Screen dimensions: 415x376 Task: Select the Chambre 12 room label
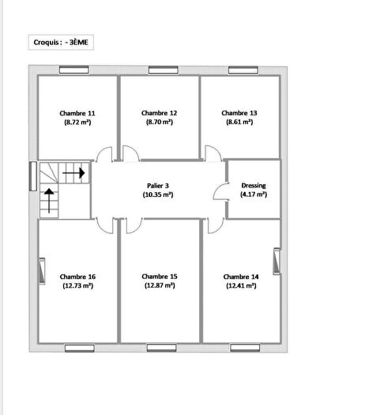click(x=159, y=112)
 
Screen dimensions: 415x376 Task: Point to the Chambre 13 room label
click(x=239, y=112)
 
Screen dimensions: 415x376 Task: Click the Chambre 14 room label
click(x=240, y=277)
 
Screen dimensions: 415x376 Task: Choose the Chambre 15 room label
click(x=160, y=277)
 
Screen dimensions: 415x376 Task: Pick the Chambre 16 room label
click(x=77, y=277)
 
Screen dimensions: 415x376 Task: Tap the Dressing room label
click(x=254, y=185)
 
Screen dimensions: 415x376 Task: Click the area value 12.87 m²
click(x=160, y=286)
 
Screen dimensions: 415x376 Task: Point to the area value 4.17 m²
click(x=254, y=194)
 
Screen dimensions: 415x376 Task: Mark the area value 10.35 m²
click(x=159, y=194)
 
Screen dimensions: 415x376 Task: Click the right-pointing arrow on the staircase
click(x=74, y=170)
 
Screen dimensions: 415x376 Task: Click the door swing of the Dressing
click(x=220, y=191)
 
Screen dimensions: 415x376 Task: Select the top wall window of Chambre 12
click(x=160, y=70)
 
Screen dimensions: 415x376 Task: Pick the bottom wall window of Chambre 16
click(x=78, y=348)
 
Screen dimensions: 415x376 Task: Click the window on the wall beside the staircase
click(x=32, y=175)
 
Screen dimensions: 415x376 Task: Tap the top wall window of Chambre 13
click(x=241, y=70)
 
